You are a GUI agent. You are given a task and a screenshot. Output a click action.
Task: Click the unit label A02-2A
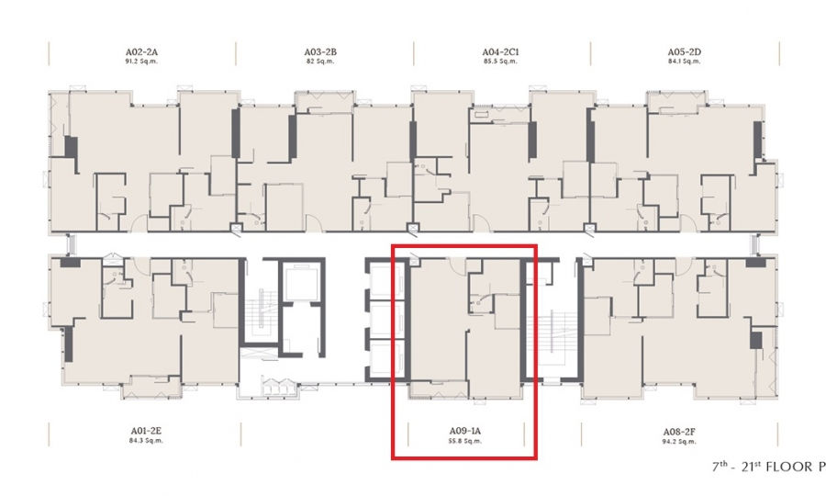pyautogui.click(x=141, y=52)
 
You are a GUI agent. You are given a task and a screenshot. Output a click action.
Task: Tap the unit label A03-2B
pyautogui.click(x=320, y=52)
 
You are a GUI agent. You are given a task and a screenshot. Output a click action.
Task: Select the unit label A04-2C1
pyautogui.click(x=500, y=52)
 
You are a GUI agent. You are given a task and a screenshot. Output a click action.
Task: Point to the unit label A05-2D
pyautogui.click(x=685, y=52)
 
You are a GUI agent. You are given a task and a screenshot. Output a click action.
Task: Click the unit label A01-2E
pyautogui.click(x=146, y=431)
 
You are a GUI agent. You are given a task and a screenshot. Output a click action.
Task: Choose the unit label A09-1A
pyautogui.click(x=464, y=431)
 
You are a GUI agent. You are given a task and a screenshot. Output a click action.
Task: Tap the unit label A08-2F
pyautogui.click(x=679, y=431)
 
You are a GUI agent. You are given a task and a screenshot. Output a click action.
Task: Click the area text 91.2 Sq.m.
pyautogui.click(x=141, y=62)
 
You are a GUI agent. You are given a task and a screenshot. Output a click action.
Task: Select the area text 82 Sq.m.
pyautogui.click(x=320, y=62)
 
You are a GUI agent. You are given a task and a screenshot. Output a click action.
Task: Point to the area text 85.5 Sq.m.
pyautogui.click(x=500, y=62)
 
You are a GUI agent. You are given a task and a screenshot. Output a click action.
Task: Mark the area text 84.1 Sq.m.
pyautogui.click(x=685, y=62)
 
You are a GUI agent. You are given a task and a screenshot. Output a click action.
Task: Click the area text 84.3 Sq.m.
pyautogui.click(x=146, y=441)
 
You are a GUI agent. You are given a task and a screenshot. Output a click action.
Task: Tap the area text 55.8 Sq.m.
pyautogui.click(x=464, y=441)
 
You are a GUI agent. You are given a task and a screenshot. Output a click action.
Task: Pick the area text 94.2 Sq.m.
pyautogui.click(x=679, y=441)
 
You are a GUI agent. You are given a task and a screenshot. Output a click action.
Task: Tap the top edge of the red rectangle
pyautogui.click(x=464, y=245)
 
